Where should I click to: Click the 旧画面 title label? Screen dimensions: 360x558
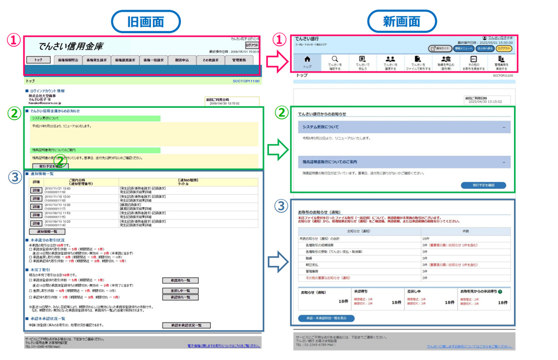(146, 21)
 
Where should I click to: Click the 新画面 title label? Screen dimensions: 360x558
(401, 21)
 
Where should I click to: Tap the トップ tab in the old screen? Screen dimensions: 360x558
(39, 60)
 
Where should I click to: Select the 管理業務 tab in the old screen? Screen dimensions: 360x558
(239, 60)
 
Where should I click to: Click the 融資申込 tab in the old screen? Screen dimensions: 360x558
(182, 60)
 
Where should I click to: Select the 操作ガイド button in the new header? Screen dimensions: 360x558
(440, 49)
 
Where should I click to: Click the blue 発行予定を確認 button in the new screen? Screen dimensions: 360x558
(483, 185)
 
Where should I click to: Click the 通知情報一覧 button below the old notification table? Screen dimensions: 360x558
(47, 232)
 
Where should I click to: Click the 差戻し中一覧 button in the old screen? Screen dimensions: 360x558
(180, 291)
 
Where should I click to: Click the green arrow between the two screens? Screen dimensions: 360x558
(277, 150)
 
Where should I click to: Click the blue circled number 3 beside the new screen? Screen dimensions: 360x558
(282, 206)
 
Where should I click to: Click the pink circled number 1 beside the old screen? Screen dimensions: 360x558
(14, 40)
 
